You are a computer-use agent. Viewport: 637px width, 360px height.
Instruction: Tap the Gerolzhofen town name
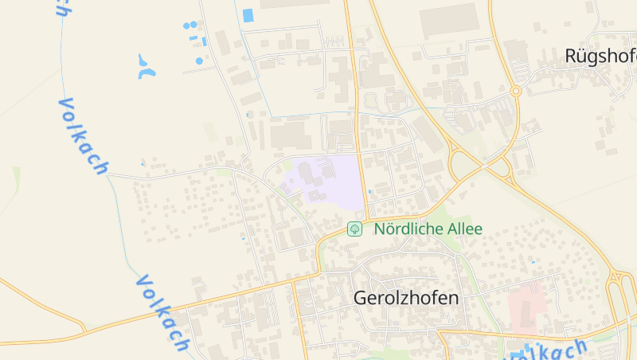tap(406, 298)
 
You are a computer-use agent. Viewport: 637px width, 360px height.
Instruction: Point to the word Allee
tap(460, 229)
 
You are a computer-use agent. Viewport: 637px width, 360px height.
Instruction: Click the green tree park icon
tap(355, 229)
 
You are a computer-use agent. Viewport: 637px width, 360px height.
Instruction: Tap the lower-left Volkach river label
tap(163, 312)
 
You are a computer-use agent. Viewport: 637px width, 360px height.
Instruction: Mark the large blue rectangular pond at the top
tap(248, 15)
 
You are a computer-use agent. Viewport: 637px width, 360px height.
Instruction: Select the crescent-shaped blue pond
tap(146, 69)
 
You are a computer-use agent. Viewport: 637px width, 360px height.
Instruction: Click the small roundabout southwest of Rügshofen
tap(516, 92)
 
